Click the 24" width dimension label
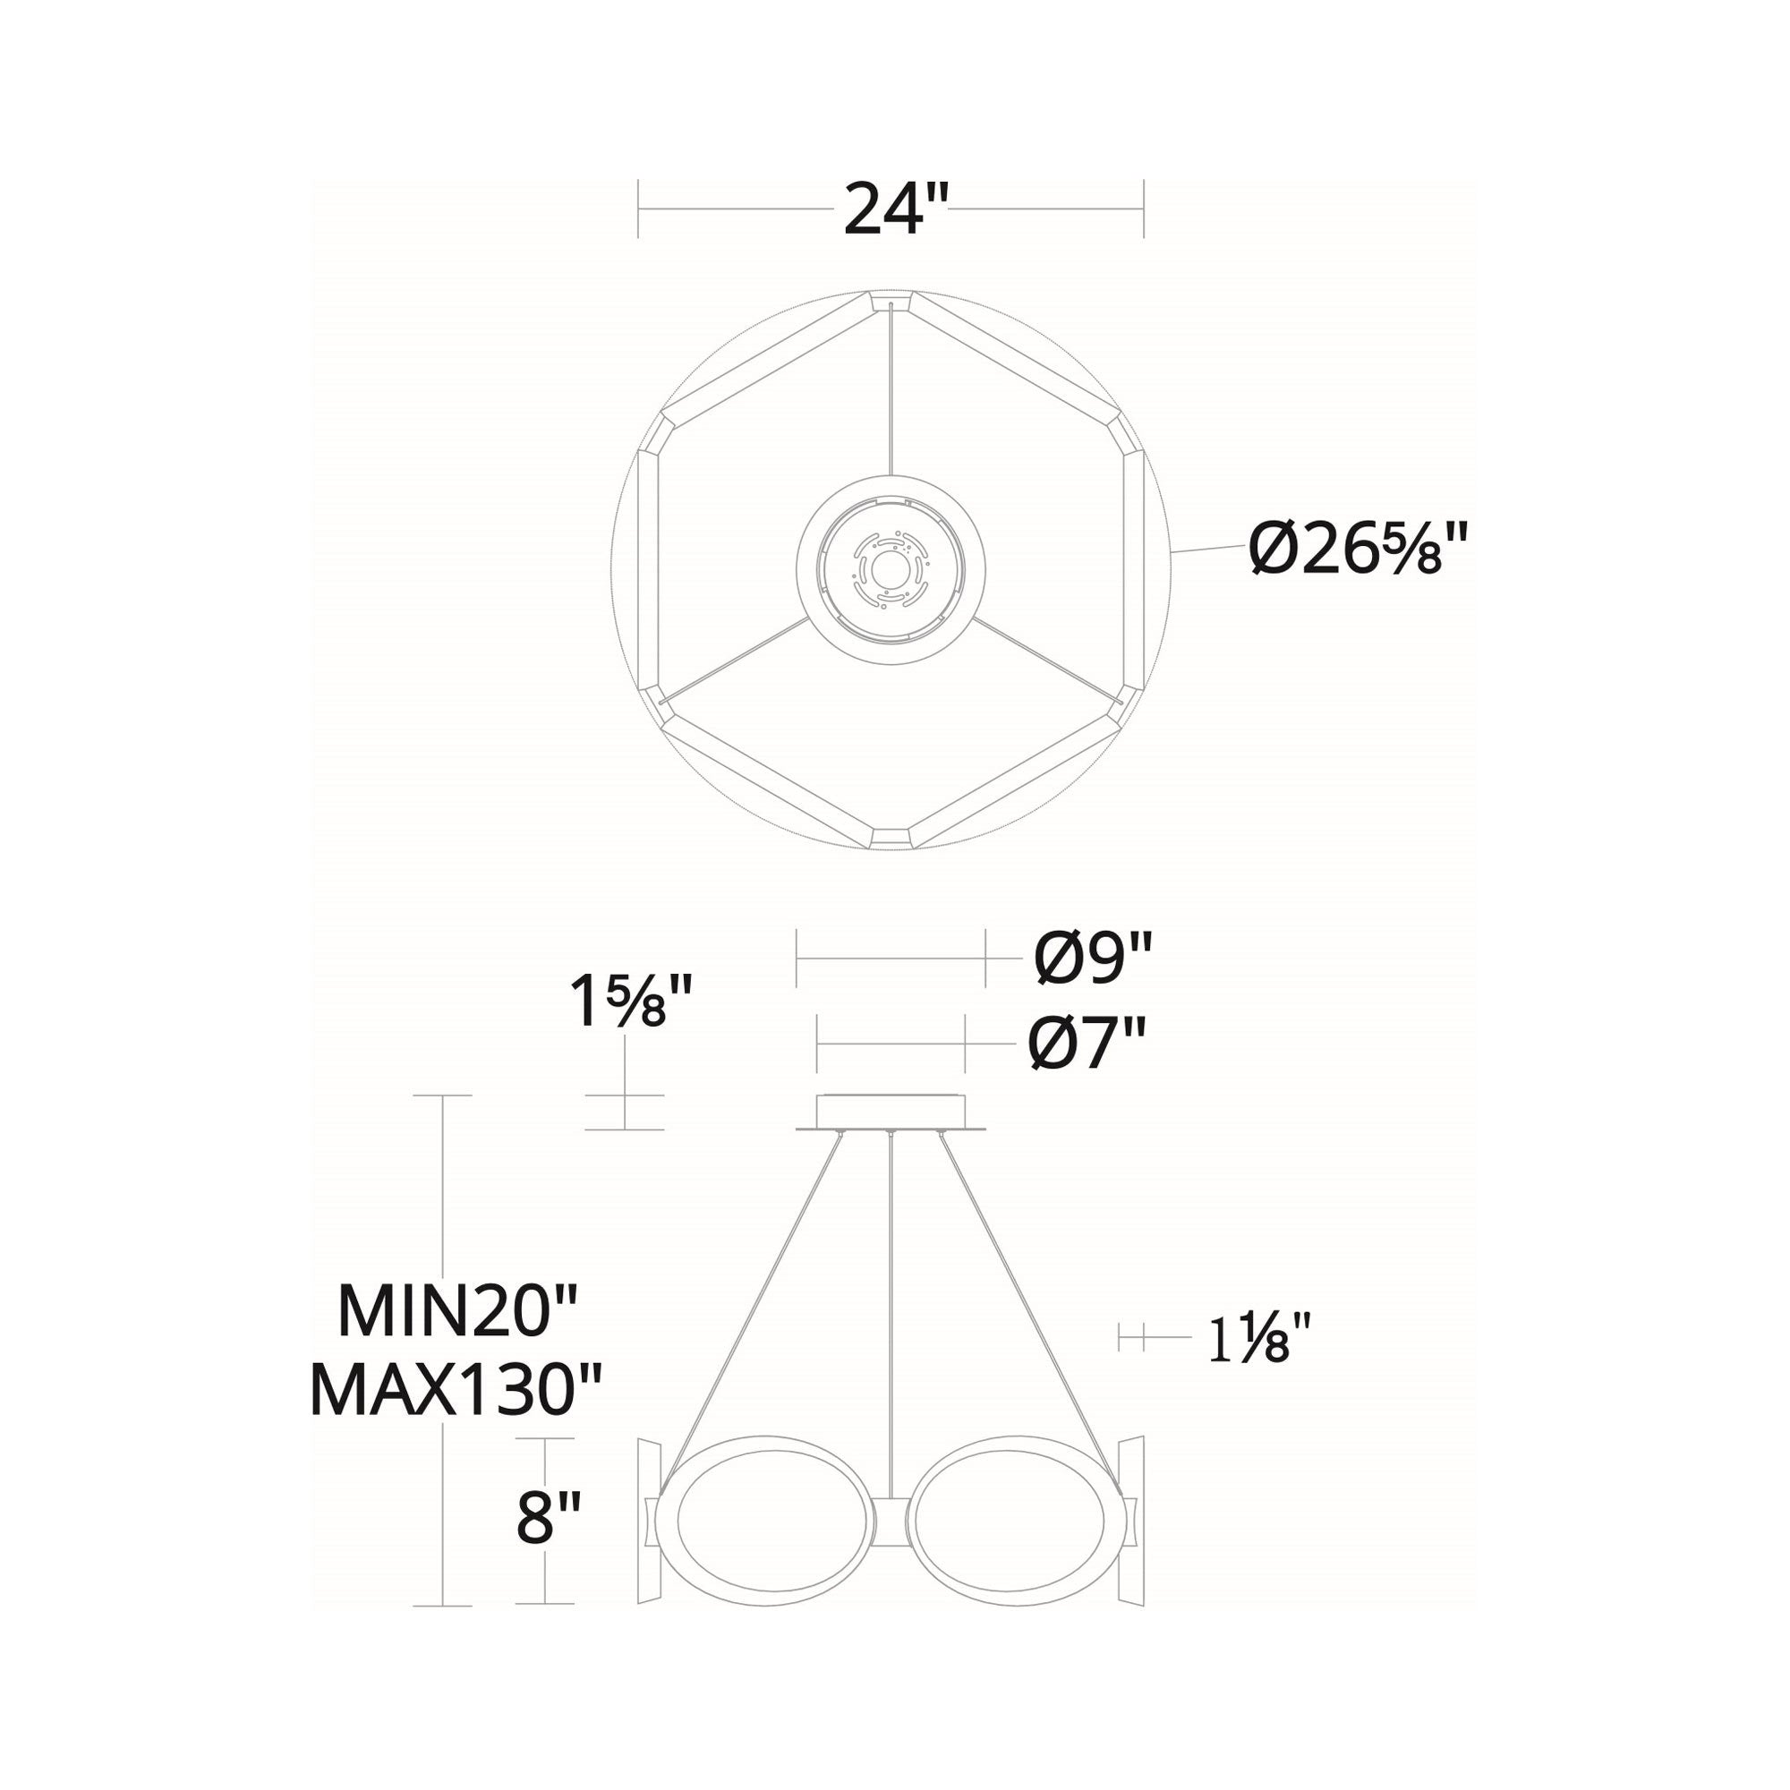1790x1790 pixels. point(883,209)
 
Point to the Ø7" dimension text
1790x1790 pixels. point(1087,1043)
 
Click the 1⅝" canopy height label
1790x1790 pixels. point(631,1002)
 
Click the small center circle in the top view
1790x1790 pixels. point(891,570)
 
